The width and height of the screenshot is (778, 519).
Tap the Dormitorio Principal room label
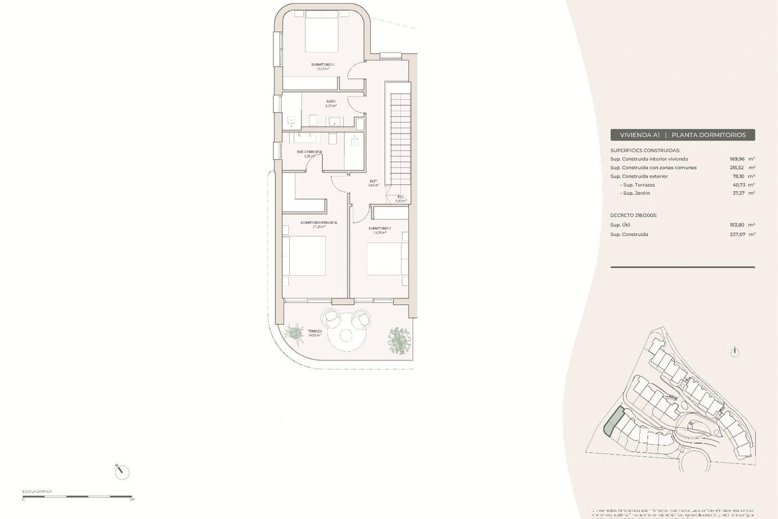(319, 223)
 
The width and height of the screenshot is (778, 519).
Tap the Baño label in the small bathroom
(331, 102)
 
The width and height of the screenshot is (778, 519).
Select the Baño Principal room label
(309, 152)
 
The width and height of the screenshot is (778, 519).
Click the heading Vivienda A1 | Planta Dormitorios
(683, 135)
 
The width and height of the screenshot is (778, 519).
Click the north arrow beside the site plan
(734, 352)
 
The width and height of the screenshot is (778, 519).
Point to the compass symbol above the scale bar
(120, 472)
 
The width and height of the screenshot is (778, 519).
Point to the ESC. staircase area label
(401, 197)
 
